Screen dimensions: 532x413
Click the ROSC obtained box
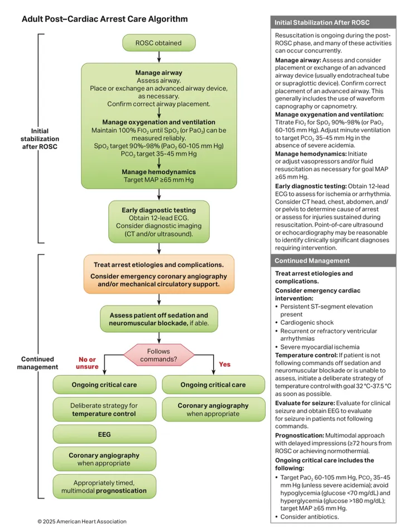click(x=159, y=42)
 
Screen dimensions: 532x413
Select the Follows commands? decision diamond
click(x=159, y=356)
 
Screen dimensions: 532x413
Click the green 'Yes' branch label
click(x=224, y=364)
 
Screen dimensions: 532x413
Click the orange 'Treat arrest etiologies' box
click(x=159, y=274)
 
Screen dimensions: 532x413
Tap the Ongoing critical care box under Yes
click(x=213, y=385)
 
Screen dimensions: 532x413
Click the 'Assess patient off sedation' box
click(x=159, y=319)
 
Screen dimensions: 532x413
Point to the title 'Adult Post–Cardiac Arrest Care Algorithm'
click(x=104, y=19)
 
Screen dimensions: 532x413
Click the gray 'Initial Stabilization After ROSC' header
click(x=333, y=23)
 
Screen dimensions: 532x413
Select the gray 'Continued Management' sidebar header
click(x=333, y=261)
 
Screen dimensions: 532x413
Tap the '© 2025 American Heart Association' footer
click(x=82, y=521)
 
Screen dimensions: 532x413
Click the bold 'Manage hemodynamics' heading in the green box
click(x=159, y=172)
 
